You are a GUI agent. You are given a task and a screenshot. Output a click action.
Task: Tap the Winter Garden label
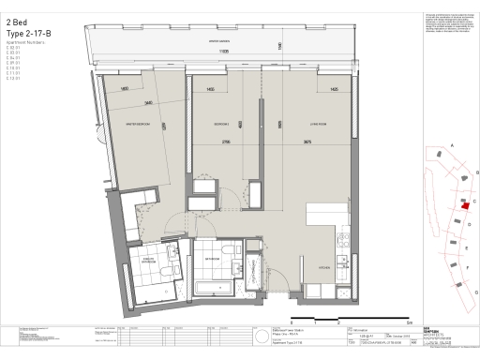[219, 42]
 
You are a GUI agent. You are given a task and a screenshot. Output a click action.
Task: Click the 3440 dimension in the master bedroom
[147, 102]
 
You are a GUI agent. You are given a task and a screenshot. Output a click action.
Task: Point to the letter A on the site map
[452, 146]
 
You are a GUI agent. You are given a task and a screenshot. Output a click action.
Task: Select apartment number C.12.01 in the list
[12, 82]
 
